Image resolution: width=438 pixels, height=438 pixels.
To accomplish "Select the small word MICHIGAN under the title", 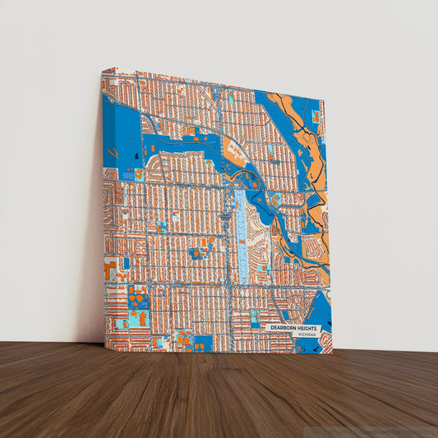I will (307, 335).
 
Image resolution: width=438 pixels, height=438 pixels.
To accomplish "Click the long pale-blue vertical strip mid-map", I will (242, 234).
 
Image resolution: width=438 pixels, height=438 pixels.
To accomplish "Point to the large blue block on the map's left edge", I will (120, 131).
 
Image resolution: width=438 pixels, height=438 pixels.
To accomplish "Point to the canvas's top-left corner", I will (103, 69).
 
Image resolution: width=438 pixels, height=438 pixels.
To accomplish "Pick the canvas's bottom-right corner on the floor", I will (333, 353).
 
